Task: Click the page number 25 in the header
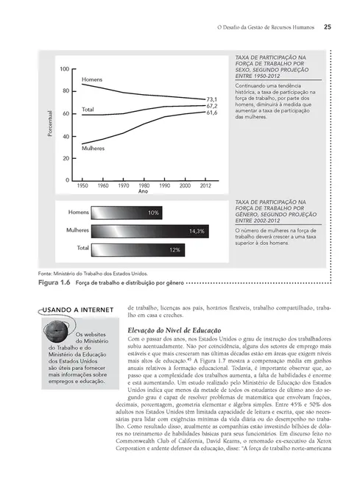point(327,29)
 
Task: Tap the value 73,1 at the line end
point(211,99)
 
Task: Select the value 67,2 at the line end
point(211,106)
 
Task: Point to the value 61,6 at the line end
point(211,113)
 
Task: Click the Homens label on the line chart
point(92,79)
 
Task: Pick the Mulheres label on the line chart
point(93,148)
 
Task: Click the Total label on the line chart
point(88,110)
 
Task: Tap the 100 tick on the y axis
point(64,69)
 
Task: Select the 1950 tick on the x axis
point(82,186)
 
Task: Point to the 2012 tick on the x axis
point(205,186)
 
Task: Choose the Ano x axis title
point(144,193)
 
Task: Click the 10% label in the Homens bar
point(153,213)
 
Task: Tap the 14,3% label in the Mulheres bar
point(196,231)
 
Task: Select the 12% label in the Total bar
point(175,250)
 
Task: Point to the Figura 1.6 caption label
point(54,282)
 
